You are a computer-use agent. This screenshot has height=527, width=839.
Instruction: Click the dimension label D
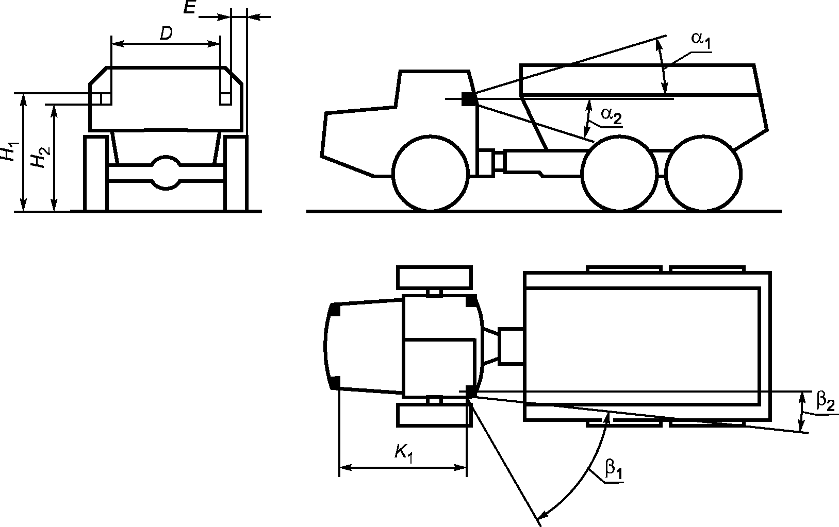click(x=166, y=33)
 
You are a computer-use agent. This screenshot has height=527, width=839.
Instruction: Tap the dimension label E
click(x=190, y=7)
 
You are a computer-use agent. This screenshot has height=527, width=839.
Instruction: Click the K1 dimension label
click(x=404, y=453)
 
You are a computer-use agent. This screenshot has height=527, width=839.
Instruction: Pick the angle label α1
click(x=701, y=40)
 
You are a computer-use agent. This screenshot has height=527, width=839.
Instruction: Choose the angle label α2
click(x=611, y=115)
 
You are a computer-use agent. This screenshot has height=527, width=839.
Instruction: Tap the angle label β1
click(x=614, y=470)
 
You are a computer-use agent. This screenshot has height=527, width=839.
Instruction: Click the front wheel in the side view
click(x=431, y=173)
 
